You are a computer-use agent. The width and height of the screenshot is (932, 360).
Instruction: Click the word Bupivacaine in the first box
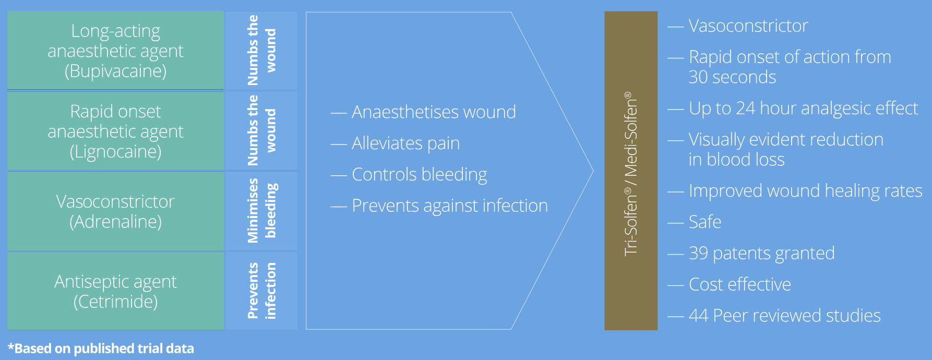pos(115,71)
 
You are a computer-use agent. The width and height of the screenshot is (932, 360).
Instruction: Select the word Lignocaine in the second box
pos(115,152)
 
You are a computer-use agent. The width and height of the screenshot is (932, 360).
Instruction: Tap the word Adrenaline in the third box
pos(115,222)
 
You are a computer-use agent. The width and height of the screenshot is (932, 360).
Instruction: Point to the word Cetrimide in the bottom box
pos(115,302)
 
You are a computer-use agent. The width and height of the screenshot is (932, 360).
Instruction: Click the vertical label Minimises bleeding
pos(262,211)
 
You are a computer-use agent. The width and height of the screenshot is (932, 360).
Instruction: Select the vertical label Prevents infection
pos(262,291)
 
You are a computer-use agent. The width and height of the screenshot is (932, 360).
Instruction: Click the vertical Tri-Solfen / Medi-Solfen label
pos(631,174)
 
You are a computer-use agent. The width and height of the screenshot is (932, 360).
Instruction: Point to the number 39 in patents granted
pos(698,253)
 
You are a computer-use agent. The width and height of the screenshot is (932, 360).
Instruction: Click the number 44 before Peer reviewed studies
pos(699,316)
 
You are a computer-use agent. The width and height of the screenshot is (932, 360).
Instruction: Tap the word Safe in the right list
pos(705,222)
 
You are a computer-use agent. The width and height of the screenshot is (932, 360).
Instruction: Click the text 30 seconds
pos(732,77)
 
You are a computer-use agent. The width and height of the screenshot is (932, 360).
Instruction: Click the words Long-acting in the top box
pos(115,31)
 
